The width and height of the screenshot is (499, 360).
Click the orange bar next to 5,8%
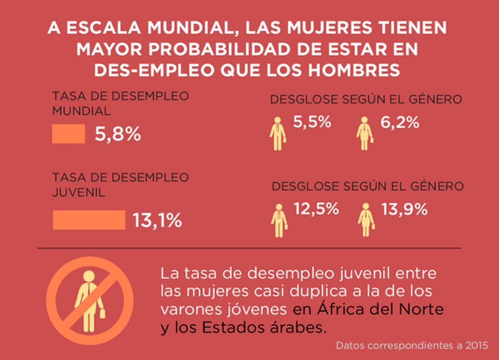68,134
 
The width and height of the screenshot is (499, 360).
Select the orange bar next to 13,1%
89,219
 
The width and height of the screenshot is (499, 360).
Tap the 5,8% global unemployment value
118,134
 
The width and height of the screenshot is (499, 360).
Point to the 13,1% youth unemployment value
157,220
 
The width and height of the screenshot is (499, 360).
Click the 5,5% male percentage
312,123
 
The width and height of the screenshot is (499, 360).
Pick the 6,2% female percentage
400,123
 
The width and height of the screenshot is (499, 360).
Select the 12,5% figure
316,209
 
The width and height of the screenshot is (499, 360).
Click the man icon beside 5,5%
278,133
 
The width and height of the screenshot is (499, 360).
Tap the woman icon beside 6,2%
365,133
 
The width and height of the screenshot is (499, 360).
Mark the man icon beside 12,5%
279,220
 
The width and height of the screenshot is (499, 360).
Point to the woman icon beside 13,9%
366,220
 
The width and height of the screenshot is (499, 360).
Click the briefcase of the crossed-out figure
102,312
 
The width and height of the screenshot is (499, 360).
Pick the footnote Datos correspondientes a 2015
412,345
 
